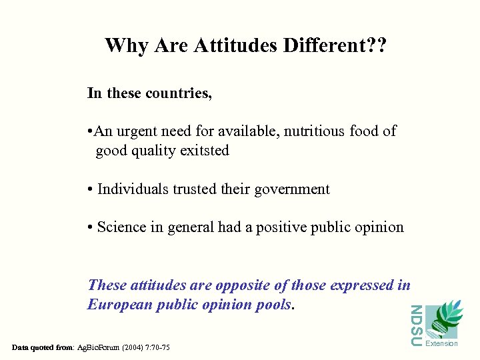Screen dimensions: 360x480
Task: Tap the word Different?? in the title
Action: pyautogui.click(x=336, y=46)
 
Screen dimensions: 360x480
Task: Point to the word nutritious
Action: pyautogui.click(x=315, y=131)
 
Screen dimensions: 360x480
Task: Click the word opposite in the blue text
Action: pyautogui.click(x=240, y=285)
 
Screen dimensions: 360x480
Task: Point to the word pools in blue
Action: pyautogui.click(x=274, y=305)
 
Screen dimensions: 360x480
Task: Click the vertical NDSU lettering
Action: pyautogui.click(x=415, y=325)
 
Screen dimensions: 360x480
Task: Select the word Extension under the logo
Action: pyautogui.click(x=442, y=343)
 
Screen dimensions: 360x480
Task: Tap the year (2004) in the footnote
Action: pyautogui.click(x=131, y=347)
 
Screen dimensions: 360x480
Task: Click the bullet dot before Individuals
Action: pyautogui.click(x=90, y=190)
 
